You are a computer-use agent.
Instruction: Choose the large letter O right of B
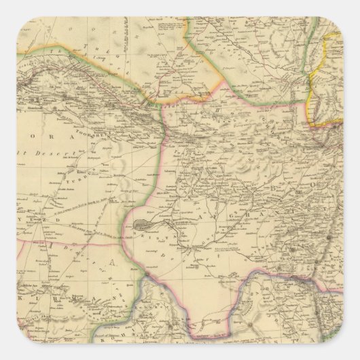[x=314, y=184]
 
